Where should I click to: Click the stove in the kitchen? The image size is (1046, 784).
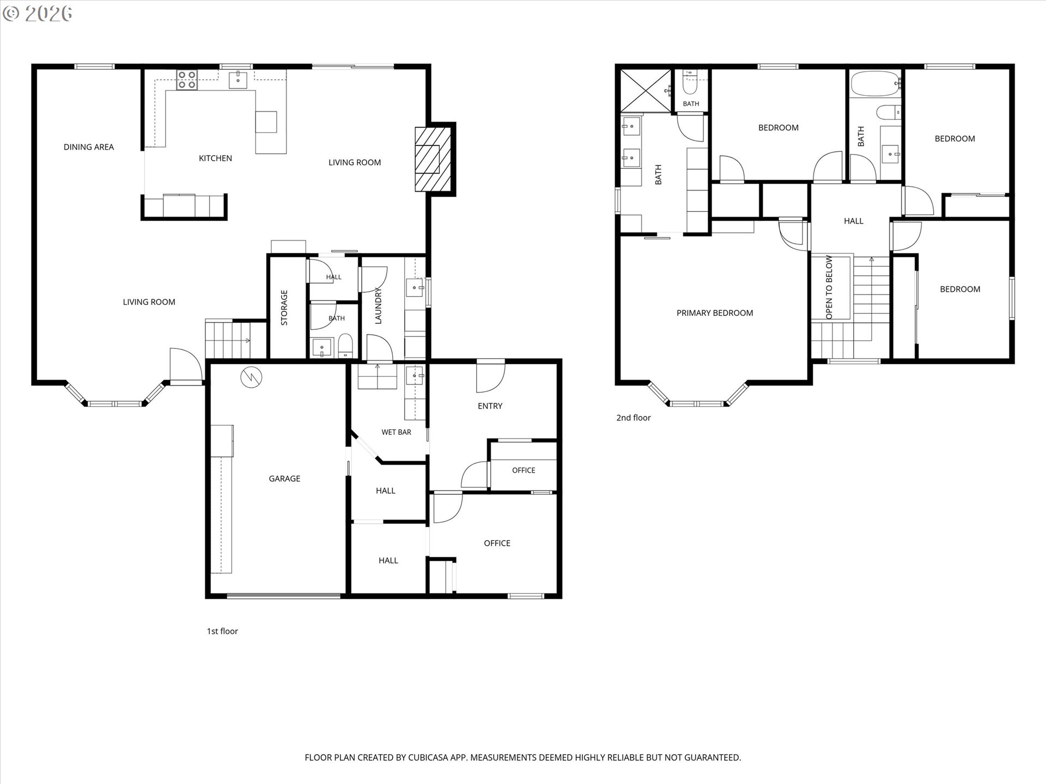[186, 80]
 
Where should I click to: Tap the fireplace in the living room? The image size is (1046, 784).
[434, 159]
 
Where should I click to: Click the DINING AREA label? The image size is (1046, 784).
[89, 147]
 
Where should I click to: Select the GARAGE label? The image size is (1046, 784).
[284, 479]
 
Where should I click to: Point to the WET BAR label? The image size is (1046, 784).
[396, 432]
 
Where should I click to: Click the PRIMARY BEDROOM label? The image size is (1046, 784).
[715, 313]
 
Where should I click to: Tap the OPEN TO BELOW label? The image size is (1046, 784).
[829, 287]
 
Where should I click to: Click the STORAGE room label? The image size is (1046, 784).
[284, 308]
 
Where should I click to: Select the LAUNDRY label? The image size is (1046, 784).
[378, 305]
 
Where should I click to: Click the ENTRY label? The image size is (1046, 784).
[490, 406]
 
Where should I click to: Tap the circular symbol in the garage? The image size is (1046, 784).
[252, 377]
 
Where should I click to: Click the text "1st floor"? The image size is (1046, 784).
[222, 631]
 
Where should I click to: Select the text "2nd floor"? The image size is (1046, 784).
[634, 418]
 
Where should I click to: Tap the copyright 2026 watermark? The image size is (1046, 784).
[37, 14]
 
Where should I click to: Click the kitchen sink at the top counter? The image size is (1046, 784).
[238, 80]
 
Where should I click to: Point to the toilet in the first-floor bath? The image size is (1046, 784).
[345, 346]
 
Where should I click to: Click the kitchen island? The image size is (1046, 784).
[266, 121]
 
